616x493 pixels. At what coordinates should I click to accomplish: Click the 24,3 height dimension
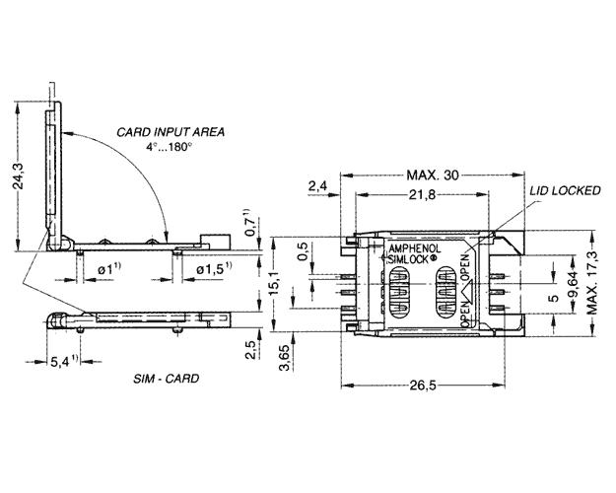tap(19, 176)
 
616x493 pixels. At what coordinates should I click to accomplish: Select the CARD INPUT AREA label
tap(171, 132)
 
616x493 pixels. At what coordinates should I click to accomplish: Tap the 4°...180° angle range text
tap(170, 148)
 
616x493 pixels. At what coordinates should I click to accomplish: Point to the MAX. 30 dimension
tap(433, 175)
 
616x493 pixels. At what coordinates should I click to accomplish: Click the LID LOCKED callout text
tap(566, 191)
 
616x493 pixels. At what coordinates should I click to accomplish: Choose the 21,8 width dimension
tap(422, 194)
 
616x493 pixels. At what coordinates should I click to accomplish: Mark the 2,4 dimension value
tap(317, 186)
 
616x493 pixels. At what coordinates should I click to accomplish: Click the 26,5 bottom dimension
tap(423, 386)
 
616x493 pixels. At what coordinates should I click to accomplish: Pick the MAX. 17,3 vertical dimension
tap(592, 283)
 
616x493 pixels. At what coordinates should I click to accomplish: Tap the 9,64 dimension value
tap(574, 284)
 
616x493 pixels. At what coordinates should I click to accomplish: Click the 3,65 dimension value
tap(284, 358)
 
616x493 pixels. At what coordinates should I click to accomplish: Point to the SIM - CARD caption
tap(167, 379)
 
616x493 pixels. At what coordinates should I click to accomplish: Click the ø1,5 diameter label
tap(214, 268)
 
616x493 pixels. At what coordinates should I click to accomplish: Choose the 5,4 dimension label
tap(64, 361)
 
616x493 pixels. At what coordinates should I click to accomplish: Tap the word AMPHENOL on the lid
tap(415, 248)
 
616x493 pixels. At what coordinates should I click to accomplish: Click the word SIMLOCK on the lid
tap(407, 259)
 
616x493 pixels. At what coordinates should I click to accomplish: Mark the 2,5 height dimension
tap(250, 349)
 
